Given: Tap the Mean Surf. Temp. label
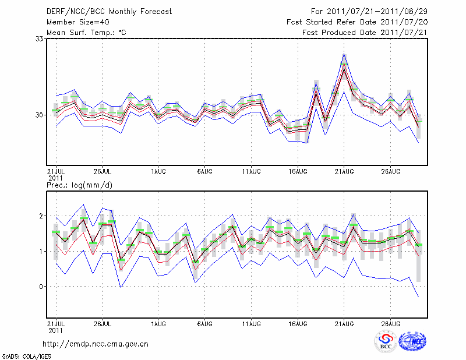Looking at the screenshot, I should coord(86,33).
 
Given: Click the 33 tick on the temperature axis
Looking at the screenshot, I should coord(40,38).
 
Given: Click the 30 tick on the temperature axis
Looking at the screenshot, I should coord(40,115).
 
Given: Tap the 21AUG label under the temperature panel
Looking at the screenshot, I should coord(344,172).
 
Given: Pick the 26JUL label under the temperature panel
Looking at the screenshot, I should coord(102,172).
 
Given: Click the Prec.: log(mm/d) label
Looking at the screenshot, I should coord(79,185).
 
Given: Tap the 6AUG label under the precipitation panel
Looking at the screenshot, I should coord(204,323).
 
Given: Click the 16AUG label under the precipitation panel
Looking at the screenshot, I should coord(298,323).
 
